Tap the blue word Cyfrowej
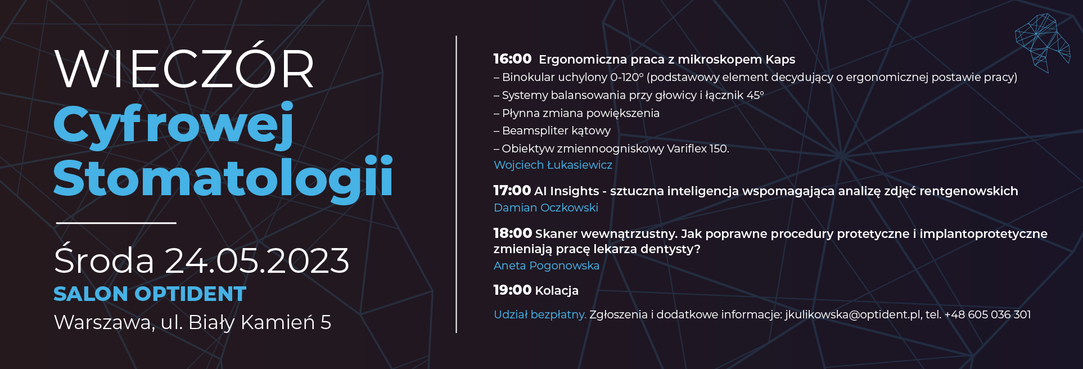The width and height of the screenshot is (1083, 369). [x=174, y=125]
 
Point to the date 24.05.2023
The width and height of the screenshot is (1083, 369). [x=257, y=260]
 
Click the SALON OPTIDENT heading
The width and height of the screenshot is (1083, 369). [x=150, y=294]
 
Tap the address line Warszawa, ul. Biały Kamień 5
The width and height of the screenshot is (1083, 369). [x=192, y=322]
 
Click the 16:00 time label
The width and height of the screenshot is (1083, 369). [x=512, y=58]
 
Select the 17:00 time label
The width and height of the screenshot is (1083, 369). [x=512, y=191]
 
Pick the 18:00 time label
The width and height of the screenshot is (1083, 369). [x=512, y=233]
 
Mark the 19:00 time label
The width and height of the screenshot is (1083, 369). [x=512, y=290]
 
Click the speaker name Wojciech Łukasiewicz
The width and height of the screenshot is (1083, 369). [x=553, y=165]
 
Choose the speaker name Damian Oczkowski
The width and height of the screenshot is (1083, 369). [x=546, y=208]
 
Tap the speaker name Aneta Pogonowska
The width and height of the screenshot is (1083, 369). [x=547, y=265]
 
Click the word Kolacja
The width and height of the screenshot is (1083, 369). [x=557, y=290]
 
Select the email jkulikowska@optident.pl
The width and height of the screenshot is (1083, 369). [x=852, y=314]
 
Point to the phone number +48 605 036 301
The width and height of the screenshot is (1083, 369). [x=987, y=314]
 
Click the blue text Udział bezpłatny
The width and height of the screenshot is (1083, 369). [x=540, y=314]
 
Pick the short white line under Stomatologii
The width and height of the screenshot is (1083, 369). [x=116, y=223]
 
